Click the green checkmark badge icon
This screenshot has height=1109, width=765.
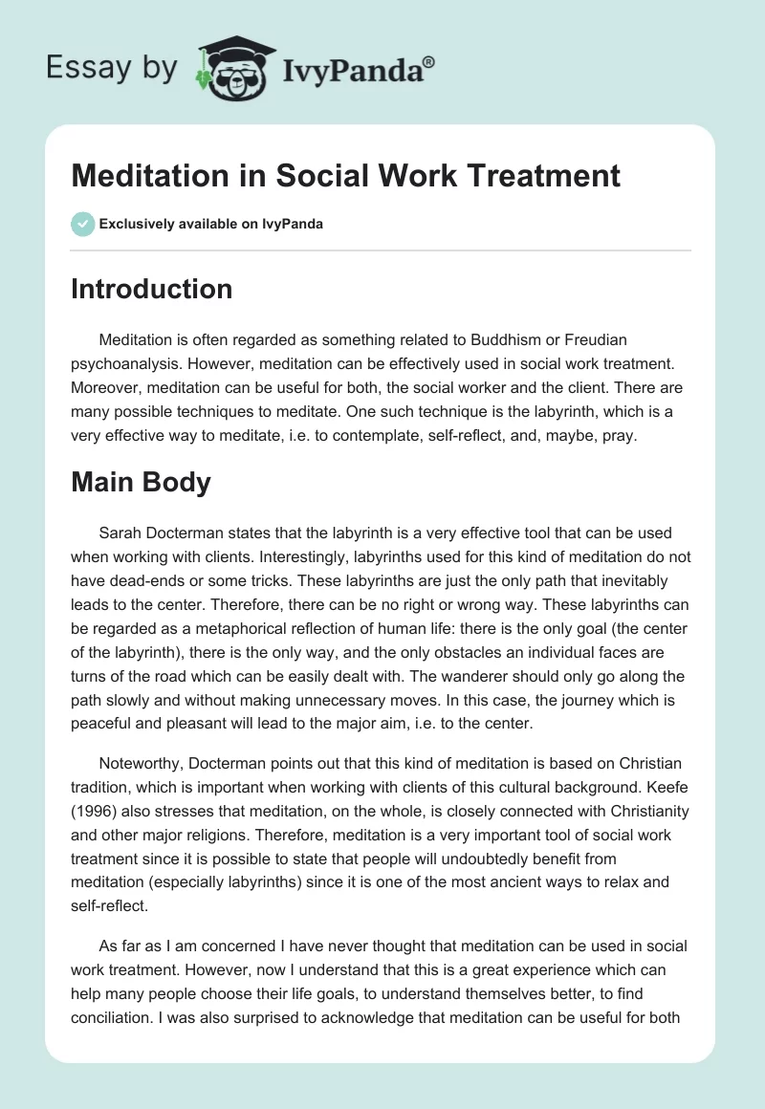click(x=82, y=224)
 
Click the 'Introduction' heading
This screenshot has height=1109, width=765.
click(x=151, y=289)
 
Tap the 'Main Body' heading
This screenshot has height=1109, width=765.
click(x=141, y=482)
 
